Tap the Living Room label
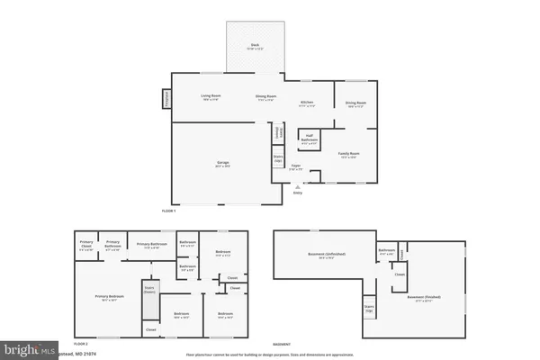click(211, 96)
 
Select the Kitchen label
click(307, 103)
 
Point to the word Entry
click(298, 192)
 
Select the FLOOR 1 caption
click(168, 211)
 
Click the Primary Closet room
click(86, 245)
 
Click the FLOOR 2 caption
click(80, 344)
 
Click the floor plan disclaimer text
click(270, 354)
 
